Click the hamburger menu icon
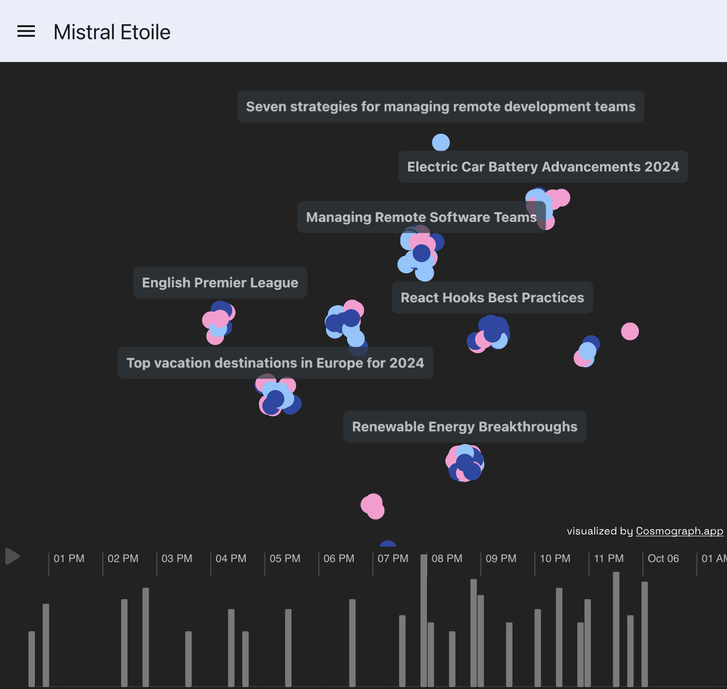[26, 31]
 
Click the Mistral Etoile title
[112, 32]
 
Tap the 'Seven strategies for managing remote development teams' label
[440, 107]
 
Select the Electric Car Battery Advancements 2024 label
[543, 167]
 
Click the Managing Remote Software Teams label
[421, 217]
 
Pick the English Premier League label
[220, 282]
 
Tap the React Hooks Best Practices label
[492, 298]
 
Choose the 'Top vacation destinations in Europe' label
[275, 363]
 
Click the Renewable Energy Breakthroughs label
[464, 427]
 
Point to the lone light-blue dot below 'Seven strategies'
[441, 142]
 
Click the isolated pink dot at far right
[630, 331]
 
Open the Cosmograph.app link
[679, 531]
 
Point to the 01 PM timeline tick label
[69, 559]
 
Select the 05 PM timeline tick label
[285, 559]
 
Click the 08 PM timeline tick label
[447, 559]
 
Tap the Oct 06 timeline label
[663, 559]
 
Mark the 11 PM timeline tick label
[609, 559]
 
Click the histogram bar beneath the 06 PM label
[352, 642]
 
